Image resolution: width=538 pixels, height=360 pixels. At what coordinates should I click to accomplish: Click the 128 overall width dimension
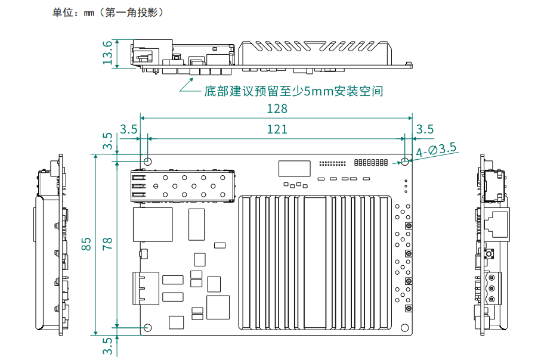(277, 108)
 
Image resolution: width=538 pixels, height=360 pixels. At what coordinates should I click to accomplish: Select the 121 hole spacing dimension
(277, 129)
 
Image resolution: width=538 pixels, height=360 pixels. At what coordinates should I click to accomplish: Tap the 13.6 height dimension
(108, 52)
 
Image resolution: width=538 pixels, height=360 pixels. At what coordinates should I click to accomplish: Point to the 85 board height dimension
(87, 244)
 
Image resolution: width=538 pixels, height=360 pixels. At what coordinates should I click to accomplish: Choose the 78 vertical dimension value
(108, 244)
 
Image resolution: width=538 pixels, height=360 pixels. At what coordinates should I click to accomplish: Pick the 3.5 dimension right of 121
(425, 129)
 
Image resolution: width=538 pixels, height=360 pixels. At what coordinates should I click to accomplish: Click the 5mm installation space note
(293, 91)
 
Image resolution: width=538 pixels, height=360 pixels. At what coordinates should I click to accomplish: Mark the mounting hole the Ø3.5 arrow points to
(405, 162)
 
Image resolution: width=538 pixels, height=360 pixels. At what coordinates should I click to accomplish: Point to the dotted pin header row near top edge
(332, 163)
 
